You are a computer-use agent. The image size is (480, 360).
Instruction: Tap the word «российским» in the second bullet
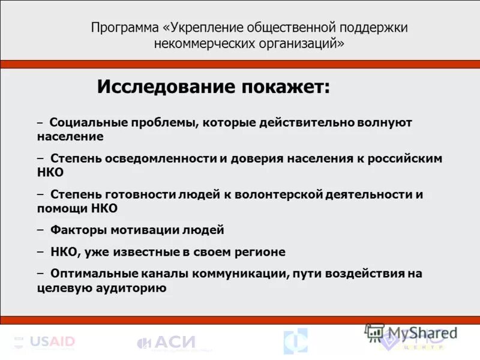click(407, 158)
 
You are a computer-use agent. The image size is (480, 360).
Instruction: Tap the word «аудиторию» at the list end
click(138, 288)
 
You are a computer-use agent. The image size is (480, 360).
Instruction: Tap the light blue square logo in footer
click(295, 341)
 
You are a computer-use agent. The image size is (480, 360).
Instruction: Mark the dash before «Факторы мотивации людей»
click(40, 230)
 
